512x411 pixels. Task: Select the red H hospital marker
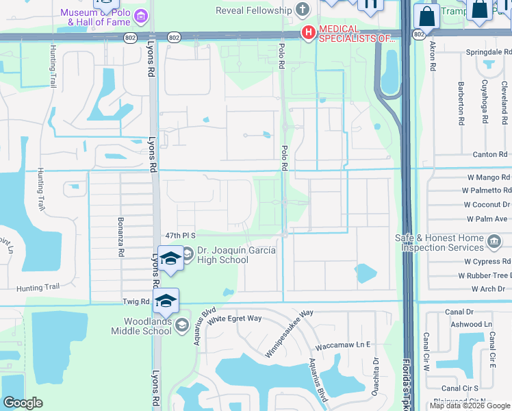click(x=308, y=32)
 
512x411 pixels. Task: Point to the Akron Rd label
click(x=433, y=58)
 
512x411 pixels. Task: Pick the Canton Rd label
click(x=489, y=155)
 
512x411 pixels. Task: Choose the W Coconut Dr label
click(x=487, y=204)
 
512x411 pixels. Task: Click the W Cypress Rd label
click(x=487, y=261)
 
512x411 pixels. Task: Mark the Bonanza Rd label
click(x=120, y=237)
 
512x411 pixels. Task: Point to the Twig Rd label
click(x=136, y=301)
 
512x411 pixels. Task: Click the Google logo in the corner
click(x=23, y=403)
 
